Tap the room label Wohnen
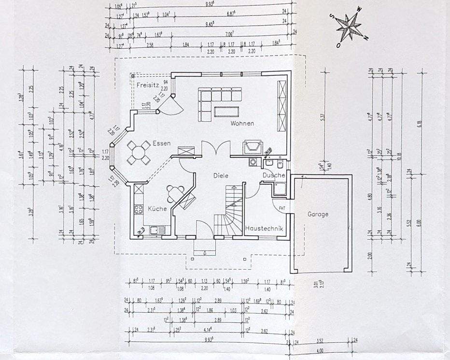242,123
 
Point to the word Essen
161,143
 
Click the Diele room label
221,176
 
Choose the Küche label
157,209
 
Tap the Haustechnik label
264,228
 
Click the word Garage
318,214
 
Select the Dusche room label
274,175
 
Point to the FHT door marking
281,209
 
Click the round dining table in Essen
139,153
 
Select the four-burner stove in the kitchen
138,209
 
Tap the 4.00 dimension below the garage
319,351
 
